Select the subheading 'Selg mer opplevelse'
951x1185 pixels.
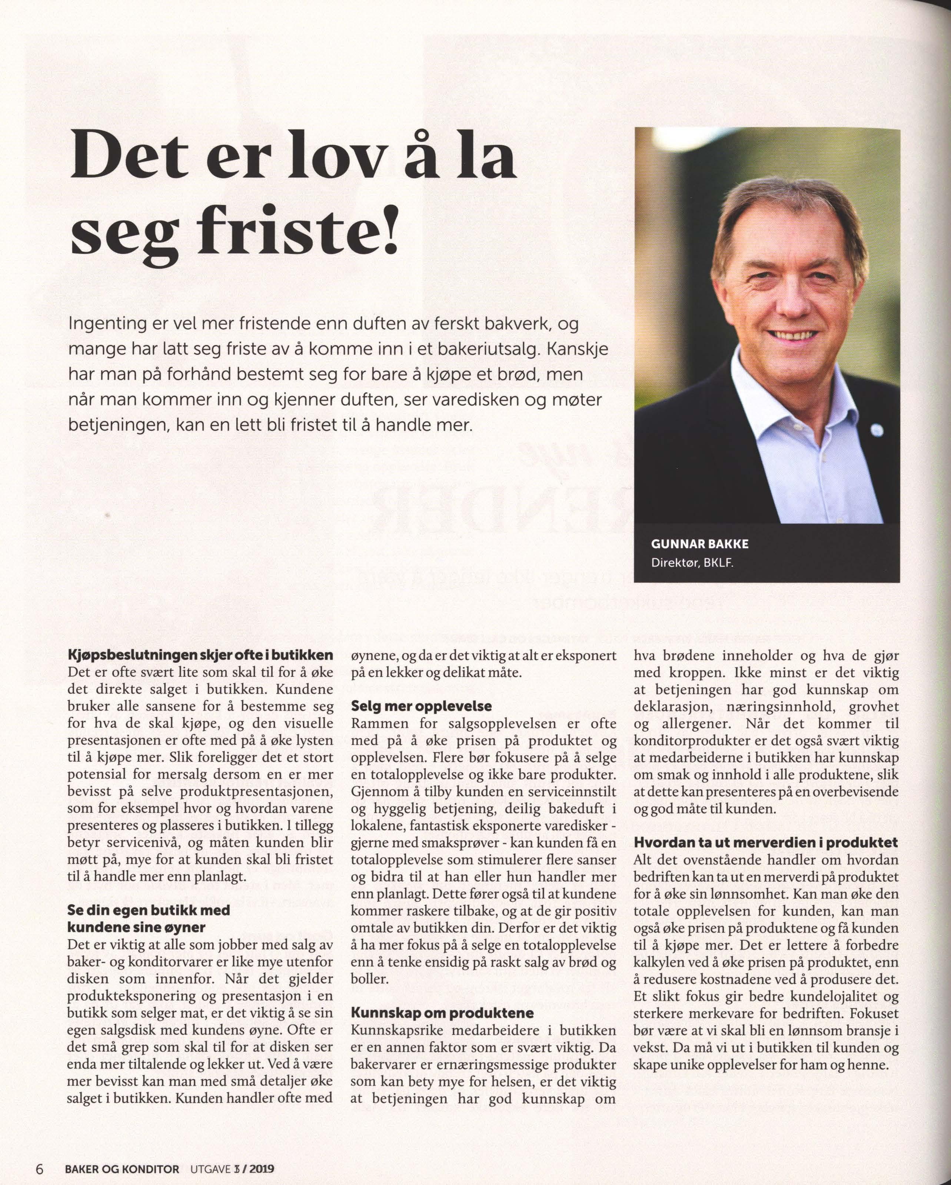click(421, 706)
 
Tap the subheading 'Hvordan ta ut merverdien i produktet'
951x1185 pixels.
click(766, 843)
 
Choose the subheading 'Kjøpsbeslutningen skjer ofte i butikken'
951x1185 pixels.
click(200, 655)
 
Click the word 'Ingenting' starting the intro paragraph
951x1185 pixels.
click(107, 324)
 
